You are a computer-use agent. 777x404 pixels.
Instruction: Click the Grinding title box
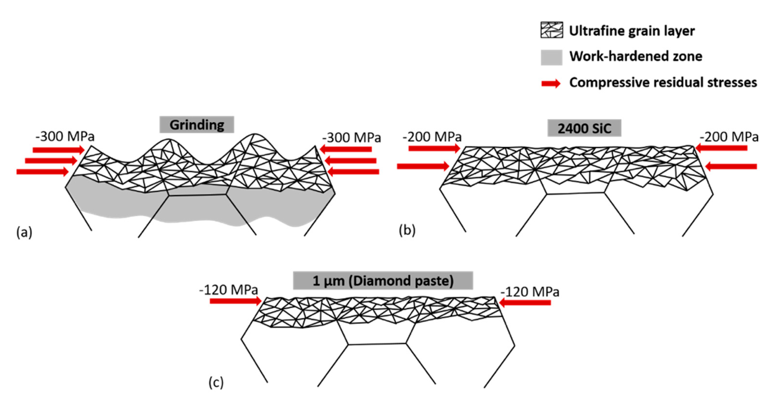[197, 124]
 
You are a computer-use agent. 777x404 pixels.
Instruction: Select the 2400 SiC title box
[584, 128]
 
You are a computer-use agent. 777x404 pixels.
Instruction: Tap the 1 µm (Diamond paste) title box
[383, 280]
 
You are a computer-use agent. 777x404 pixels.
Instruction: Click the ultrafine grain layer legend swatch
[551, 30]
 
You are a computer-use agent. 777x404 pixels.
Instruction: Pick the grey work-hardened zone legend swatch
[551, 57]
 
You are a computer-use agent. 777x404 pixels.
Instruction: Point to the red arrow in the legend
[551, 83]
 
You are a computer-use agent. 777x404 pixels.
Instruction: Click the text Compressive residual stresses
[663, 82]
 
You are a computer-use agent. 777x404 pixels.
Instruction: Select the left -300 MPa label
[65, 136]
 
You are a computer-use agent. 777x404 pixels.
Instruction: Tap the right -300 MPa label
[351, 137]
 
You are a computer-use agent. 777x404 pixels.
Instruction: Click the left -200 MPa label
[432, 137]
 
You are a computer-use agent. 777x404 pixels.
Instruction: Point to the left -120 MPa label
[228, 290]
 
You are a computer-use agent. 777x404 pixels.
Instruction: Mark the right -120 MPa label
[530, 292]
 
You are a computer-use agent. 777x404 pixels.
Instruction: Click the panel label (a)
[24, 232]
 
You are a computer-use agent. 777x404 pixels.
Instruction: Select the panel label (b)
[407, 230]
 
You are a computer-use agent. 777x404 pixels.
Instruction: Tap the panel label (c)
[216, 382]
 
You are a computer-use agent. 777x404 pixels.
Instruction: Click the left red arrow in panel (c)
[235, 301]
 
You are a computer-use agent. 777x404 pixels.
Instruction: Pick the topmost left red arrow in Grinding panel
[59, 150]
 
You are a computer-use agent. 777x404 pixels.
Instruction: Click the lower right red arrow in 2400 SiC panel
[731, 166]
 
